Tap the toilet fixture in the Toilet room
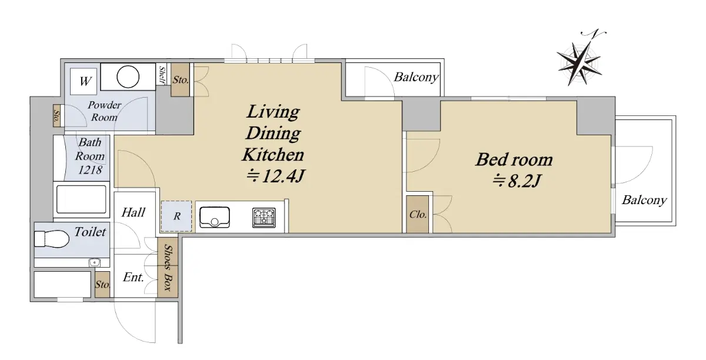pos(52,239)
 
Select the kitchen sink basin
pos(215,217)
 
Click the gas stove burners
pos(264,218)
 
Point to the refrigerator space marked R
pos(176,216)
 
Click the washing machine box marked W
pos(84,81)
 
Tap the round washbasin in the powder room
pos(128,77)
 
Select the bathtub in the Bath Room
pos(81,199)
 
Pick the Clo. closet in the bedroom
pos(418,214)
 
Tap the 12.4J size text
pos(276,176)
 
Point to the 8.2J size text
pos(517,181)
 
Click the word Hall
pos(134,212)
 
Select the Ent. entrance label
pos(134,277)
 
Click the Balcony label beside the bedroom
pos(644,200)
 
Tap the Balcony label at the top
pos(417,77)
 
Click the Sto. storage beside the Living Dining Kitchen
pos(180,80)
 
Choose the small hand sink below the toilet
pos(94,262)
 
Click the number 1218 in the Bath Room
pos(90,170)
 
